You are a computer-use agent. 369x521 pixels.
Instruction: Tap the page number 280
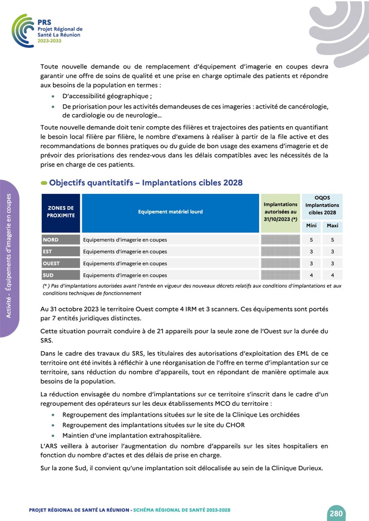click(336, 513)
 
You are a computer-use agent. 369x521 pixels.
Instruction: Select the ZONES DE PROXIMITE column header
click(61, 212)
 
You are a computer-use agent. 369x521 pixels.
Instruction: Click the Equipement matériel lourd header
click(170, 212)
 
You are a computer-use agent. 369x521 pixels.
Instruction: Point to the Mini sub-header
click(311, 226)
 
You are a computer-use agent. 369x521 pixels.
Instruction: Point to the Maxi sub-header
click(333, 226)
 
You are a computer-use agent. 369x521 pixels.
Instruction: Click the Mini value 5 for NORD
click(311, 240)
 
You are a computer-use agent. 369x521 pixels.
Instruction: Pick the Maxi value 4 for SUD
click(333, 275)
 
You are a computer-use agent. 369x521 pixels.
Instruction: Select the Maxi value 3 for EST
click(333, 252)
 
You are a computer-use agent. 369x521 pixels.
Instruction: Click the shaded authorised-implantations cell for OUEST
click(280, 264)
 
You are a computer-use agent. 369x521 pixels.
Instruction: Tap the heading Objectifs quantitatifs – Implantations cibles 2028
click(146, 183)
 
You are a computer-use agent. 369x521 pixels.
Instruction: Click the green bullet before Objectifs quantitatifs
click(44, 183)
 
